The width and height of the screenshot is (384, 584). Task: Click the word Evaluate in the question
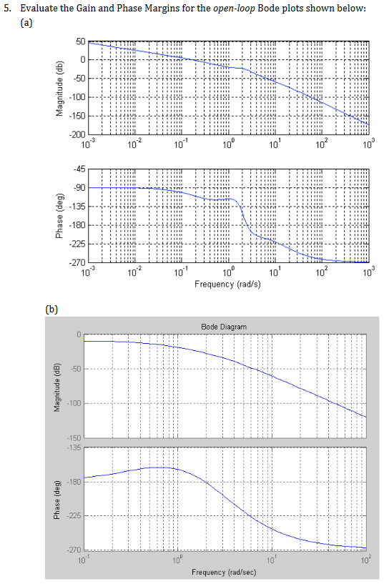click(35, 7)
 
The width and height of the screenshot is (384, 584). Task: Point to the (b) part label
click(51, 310)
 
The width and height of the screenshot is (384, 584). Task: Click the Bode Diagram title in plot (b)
click(224, 327)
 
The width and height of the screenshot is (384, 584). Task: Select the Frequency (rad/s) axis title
click(227, 284)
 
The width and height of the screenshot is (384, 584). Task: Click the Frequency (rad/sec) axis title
click(224, 573)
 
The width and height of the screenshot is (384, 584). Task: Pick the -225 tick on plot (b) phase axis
click(76, 516)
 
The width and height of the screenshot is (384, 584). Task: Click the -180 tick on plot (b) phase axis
click(76, 482)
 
